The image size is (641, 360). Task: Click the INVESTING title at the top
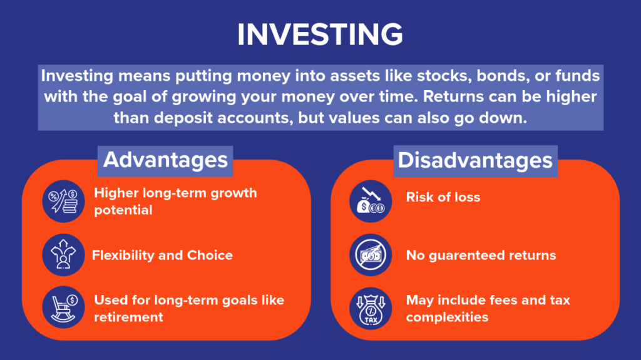click(x=320, y=36)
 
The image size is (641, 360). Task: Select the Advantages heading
click(x=165, y=160)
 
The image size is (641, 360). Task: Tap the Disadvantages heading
click(x=476, y=160)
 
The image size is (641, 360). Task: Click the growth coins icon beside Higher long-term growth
click(x=63, y=201)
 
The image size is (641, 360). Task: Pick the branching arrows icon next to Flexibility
click(x=63, y=255)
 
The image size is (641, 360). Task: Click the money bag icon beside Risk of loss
click(x=371, y=201)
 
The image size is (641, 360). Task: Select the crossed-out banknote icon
click(x=371, y=255)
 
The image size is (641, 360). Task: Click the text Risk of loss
click(x=443, y=197)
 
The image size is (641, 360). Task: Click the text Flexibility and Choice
click(x=162, y=255)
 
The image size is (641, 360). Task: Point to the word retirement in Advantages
click(x=128, y=317)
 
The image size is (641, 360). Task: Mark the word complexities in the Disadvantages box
click(x=447, y=317)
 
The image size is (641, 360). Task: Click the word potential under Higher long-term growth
click(x=123, y=210)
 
